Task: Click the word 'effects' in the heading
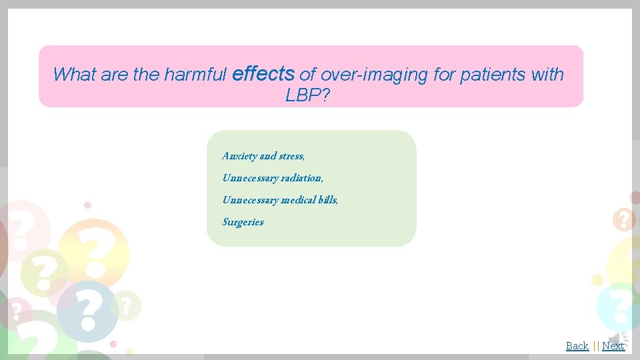point(263,73)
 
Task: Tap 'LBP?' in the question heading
point(307,96)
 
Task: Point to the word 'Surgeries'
point(243,222)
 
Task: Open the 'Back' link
point(577,345)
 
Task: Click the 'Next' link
point(613,345)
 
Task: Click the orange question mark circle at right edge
point(624,219)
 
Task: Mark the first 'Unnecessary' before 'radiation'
point(250,178)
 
